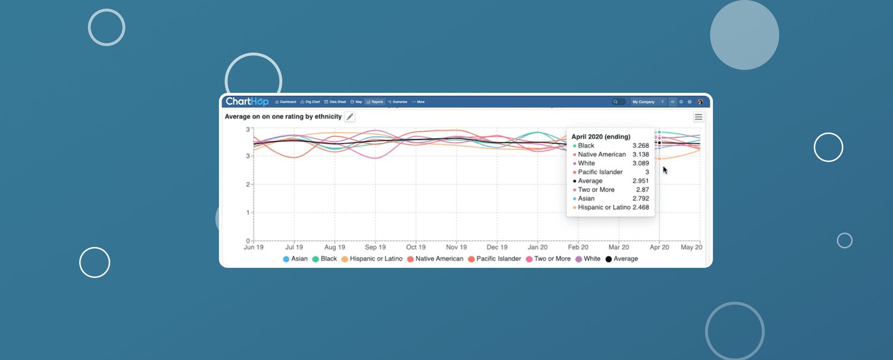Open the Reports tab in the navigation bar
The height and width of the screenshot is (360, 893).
coord(375,102)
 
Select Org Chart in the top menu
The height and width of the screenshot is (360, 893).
coord(310,102)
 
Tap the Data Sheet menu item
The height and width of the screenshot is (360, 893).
coord(335,102)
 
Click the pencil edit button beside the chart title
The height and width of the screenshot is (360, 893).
coord(350,117)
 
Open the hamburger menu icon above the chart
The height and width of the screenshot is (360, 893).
coord(698,117)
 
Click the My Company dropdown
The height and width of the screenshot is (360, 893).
coord(648,102)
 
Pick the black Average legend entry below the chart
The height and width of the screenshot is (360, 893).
coord(622,259)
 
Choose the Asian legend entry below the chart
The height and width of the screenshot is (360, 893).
coord(295,259)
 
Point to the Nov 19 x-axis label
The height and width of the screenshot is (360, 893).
coord(456,247)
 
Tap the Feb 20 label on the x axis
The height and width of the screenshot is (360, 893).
coord(578,247)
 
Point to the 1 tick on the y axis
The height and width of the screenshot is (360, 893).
coord(248,212)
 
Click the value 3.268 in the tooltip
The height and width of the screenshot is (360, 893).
coord(641,146)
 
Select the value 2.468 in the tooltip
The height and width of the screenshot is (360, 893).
coord(641,208)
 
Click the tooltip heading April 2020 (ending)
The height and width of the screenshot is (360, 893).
coord(601,137)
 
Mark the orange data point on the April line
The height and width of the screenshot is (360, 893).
coord(660,159)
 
